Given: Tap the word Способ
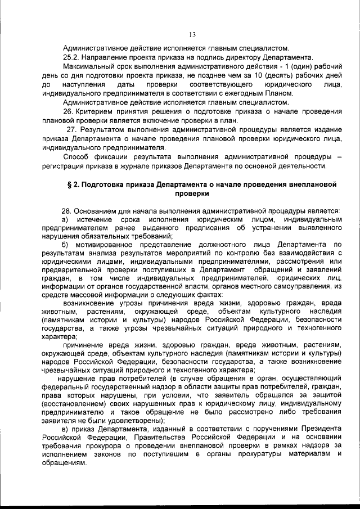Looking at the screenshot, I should (76, 156).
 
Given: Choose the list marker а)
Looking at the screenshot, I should (65, 219).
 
